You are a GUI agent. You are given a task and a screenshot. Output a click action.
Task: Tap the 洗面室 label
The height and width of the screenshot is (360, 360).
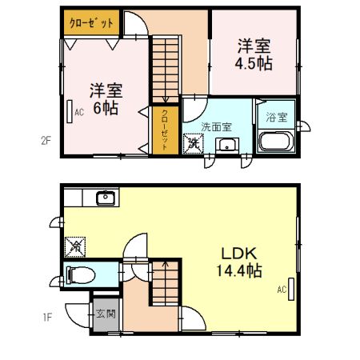coord(216,126)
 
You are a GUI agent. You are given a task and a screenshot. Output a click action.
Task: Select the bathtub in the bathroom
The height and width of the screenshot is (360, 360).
coord(277,142)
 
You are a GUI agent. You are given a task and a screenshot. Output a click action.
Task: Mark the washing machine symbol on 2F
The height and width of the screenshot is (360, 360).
coord(193,145)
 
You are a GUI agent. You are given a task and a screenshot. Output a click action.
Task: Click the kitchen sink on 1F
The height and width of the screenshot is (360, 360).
coord(104,198)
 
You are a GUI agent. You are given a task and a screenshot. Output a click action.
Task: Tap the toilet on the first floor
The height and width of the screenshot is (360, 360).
coord(82,275)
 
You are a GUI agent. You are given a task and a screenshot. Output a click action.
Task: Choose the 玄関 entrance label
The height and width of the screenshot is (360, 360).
coord(105,314)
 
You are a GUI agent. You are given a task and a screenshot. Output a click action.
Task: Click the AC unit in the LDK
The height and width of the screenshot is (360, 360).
coord(292,288)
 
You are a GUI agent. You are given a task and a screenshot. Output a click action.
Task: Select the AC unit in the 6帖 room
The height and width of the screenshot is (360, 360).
coord(70,111)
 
